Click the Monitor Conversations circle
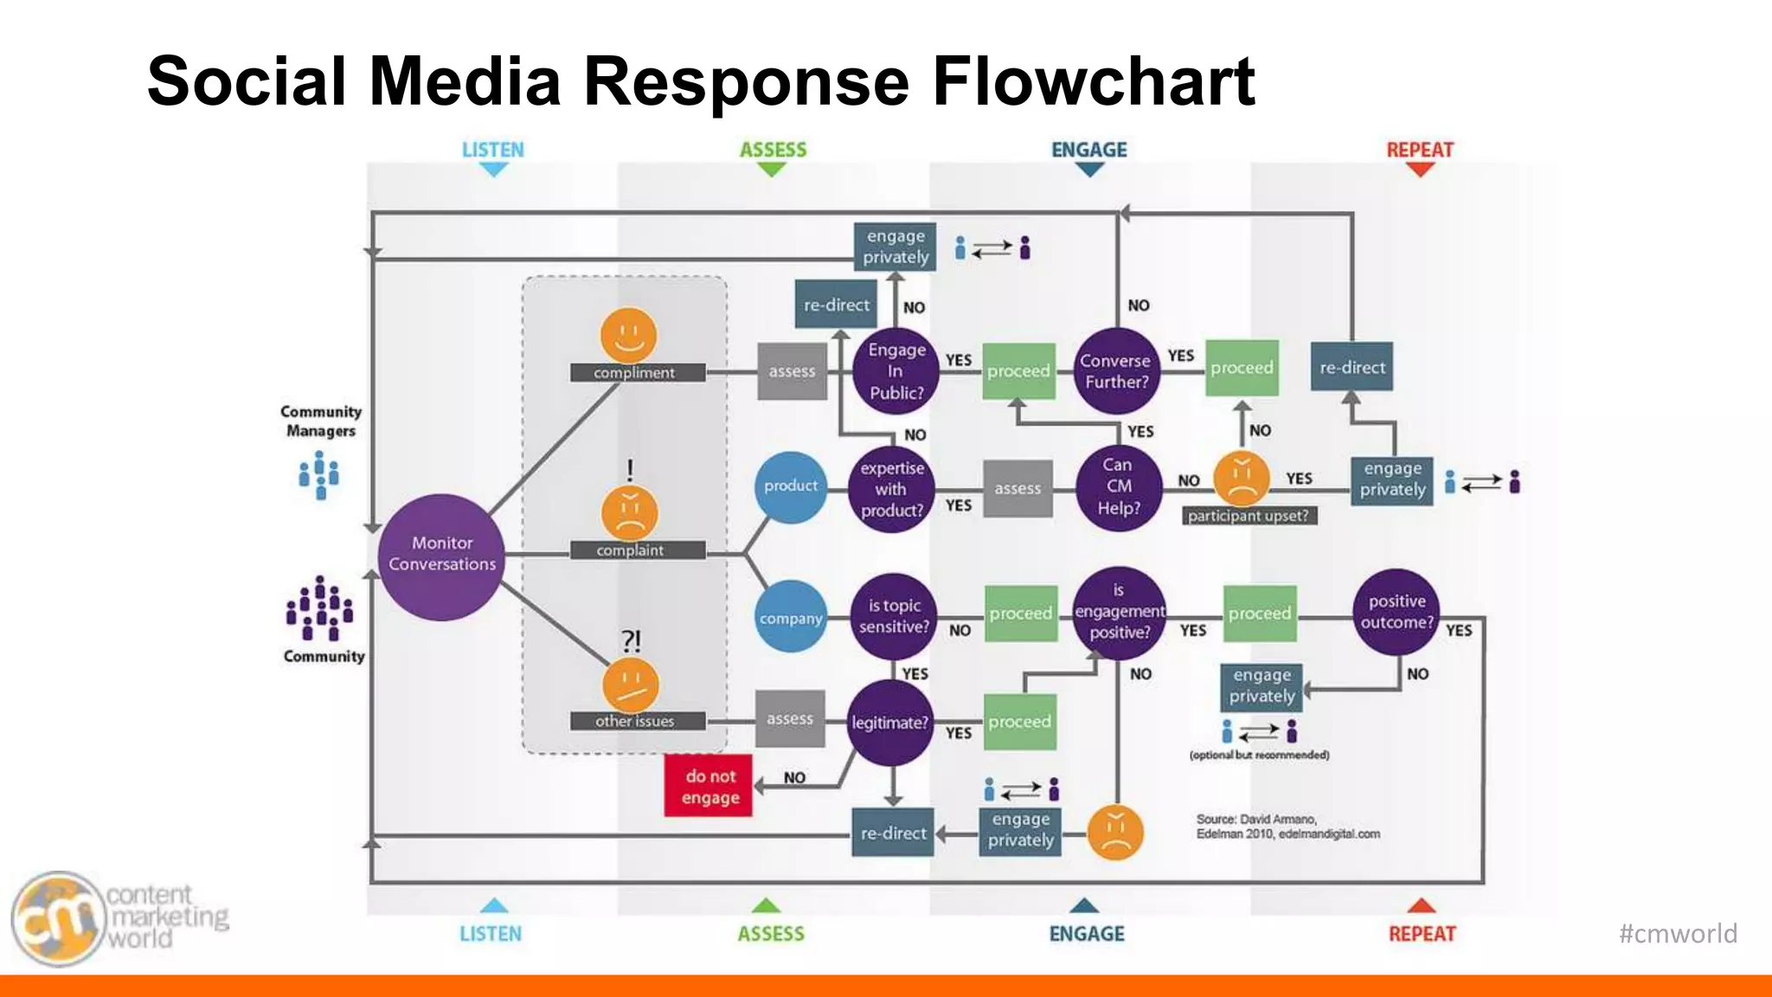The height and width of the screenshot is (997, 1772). [441, 556]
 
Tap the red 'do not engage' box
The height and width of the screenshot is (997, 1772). [709, 786]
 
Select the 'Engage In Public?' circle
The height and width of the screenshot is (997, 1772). [896, 371]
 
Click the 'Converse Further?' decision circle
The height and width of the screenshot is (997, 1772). [1115, 371]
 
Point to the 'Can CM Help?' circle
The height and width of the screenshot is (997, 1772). [1118, 487]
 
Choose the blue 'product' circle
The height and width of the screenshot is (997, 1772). [790, 486]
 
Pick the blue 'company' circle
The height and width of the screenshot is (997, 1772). [790, 618]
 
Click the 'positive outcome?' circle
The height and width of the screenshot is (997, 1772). [1396, 612]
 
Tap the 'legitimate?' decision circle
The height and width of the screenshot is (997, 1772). [889, 723]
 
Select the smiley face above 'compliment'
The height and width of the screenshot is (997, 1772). [629, 335]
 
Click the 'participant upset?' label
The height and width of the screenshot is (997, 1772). [1248, 516]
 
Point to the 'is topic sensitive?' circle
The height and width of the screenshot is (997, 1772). [894, 616]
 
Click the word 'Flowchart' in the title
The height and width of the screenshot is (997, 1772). [1093, 81]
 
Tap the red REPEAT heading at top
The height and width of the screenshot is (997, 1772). [1420, 150]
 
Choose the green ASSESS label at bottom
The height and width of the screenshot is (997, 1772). [770, 934]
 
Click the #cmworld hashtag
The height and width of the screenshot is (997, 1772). [1677, 934]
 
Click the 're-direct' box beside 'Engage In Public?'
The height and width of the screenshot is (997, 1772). [836, 305]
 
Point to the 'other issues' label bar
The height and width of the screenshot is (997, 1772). [636, 721]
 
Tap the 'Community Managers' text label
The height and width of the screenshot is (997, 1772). [321, 421]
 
